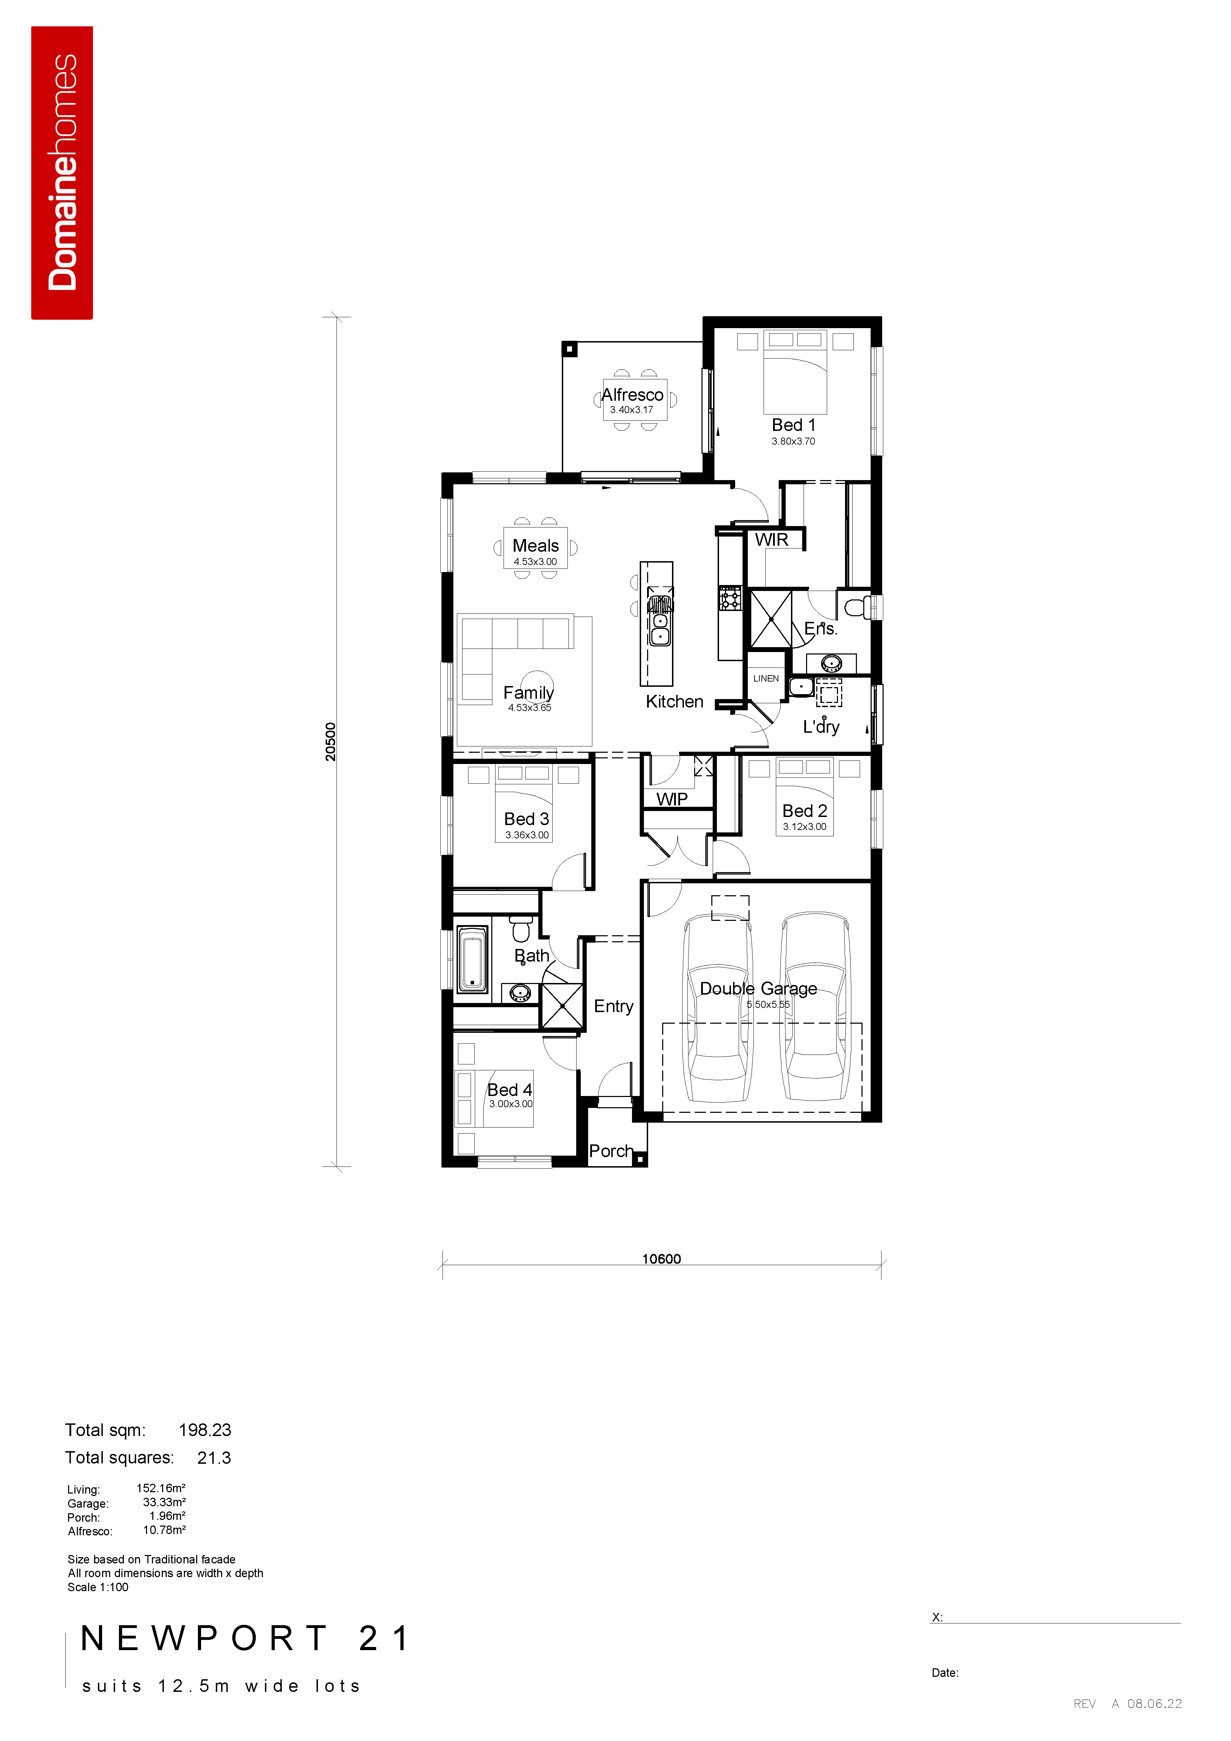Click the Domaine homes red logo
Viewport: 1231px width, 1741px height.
(62, 173)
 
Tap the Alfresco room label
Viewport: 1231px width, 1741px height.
(632, 394)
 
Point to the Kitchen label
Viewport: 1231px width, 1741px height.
(674, 702)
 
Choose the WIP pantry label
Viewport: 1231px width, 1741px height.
(672, 799)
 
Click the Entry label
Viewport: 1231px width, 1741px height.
(613, 1006)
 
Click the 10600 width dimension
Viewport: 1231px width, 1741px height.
(662, 1259)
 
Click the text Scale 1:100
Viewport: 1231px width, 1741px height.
(98, 1587)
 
